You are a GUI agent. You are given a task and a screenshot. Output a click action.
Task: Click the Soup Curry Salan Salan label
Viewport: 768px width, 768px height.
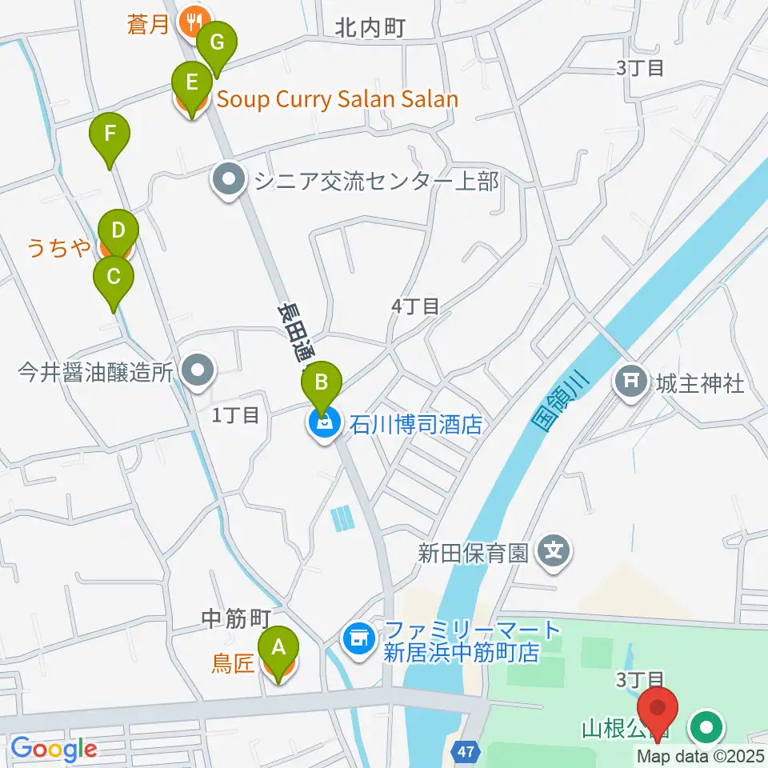pyautogui.click(x=337, y=100)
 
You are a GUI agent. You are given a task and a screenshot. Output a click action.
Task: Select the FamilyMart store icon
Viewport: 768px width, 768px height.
pyautogui.click(x=358, y=638)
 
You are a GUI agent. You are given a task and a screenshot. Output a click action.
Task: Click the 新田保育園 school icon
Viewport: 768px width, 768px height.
pyautogui.click(x=554, y=552)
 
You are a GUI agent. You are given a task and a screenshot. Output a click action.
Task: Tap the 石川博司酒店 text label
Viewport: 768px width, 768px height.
pyautogui.click(x=415, y=423)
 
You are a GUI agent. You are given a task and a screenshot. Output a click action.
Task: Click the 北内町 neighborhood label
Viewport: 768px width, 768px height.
pyautogui.click(x=370, y=29)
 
